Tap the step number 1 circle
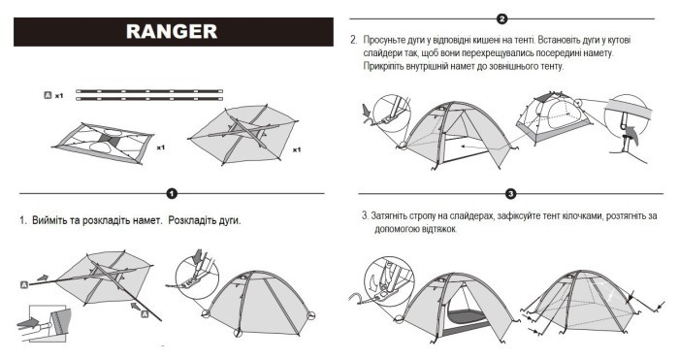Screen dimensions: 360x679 coord(172,193)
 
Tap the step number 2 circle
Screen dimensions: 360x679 coord(501,18)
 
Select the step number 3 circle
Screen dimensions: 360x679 coord(510,194)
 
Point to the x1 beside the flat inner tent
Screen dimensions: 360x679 coord(161,148)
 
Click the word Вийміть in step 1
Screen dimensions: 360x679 coord(50,221)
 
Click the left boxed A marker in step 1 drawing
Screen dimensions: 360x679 coord(22,284)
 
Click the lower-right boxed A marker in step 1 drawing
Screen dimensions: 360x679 coord(143,314)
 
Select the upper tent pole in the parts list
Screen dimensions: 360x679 coord(150,91)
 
